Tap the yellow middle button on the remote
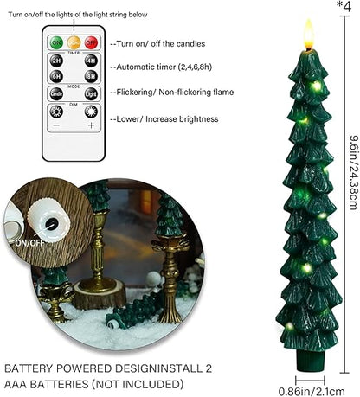click(x=74, y=42)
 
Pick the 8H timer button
click(x=91, y=75)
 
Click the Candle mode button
click(x=55, y=93)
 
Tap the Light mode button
click(x=91, y=93)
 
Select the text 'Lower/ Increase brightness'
click(x=162, y=118)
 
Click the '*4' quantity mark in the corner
click(x=346, y=8)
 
